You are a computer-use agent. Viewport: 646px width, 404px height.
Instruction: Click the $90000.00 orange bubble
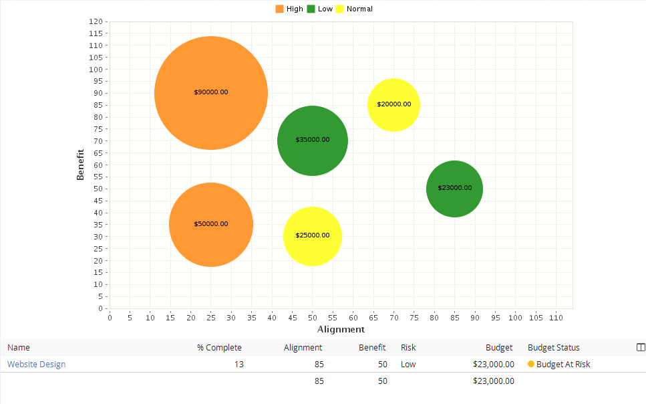point(211,93)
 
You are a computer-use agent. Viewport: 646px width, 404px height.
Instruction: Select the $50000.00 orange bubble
point(211,225)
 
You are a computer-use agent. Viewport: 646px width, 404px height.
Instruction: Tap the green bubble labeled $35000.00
point(313,140)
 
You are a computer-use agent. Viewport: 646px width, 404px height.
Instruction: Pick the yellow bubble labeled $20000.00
point(393,105)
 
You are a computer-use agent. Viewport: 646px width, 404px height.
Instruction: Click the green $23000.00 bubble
point(454,189)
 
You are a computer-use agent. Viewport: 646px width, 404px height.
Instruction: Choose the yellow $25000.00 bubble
point(313,236)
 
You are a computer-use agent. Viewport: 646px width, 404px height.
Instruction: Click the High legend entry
point(289,9)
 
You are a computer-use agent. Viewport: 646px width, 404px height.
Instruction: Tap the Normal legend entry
point(354,9)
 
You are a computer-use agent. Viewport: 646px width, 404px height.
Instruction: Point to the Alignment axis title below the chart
point(341,329)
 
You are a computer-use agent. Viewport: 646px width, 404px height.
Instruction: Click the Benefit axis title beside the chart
point(80,165)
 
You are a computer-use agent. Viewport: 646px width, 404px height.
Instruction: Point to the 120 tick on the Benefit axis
point(96,21)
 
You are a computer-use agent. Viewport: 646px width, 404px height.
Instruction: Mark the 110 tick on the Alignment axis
point(556,318)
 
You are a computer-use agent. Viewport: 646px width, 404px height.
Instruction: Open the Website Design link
point(36,365)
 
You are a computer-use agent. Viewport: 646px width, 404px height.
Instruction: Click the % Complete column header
point(219,348)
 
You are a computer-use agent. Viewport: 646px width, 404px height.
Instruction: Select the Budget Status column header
point(554,348)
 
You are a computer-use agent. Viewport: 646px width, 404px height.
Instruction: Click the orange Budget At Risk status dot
point(531,365)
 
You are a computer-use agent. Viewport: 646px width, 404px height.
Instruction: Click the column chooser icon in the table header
point(641,348)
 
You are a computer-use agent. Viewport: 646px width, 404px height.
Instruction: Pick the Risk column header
point(408,348)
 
